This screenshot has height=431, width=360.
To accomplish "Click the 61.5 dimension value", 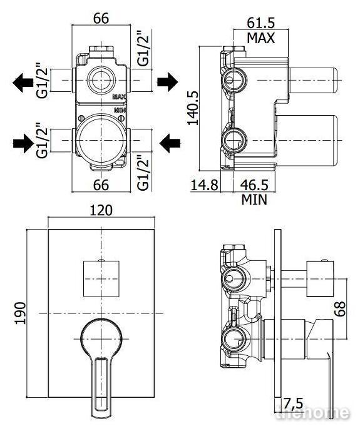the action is [260, 23].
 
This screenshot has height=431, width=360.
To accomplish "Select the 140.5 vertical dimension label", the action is [193, 108].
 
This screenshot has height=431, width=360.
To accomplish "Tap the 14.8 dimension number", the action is [204, 185].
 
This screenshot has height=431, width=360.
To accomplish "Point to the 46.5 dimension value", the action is [254, 185].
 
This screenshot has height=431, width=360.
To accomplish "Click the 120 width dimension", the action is [101, 210].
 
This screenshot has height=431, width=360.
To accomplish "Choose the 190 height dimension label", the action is [20, 313].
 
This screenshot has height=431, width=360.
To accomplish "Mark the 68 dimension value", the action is [340, 309].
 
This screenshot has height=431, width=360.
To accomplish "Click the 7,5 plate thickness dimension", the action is [293, 403].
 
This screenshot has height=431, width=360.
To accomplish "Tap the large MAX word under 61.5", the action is [260, 38].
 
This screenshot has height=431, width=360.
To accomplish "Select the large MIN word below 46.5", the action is [254, 200].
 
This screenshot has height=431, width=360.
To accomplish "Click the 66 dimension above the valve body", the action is [101, 18].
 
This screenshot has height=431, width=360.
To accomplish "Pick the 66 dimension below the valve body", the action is [101, 185].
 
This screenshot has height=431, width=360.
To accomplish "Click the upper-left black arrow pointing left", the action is [23, 82].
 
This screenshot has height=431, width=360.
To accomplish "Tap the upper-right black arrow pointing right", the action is [168, 82].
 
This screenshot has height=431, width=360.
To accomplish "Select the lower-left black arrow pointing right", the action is [23, 143].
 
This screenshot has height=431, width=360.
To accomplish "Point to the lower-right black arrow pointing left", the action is [170, 143].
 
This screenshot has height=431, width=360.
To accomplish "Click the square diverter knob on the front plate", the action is [101, 279].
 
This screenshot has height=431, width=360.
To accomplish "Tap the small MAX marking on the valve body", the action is [120, 97].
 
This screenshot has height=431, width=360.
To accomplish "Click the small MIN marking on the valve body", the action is [120, 110].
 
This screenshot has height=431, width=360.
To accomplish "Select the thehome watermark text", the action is [312, 413].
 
